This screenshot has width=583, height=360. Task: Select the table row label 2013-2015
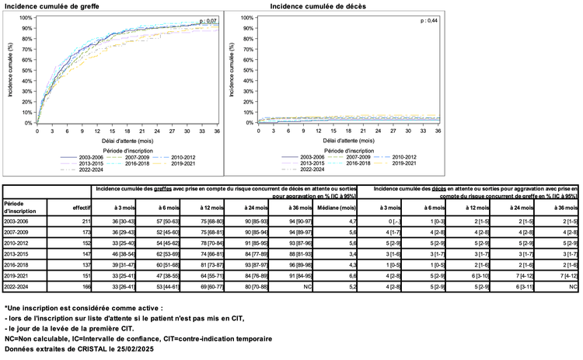(x=19, y=253)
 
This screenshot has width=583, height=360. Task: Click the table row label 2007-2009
(x=19, y=232)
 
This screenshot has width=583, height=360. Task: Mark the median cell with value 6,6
(x=351, y=275)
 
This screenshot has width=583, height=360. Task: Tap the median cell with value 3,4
(x=351, y=253)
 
